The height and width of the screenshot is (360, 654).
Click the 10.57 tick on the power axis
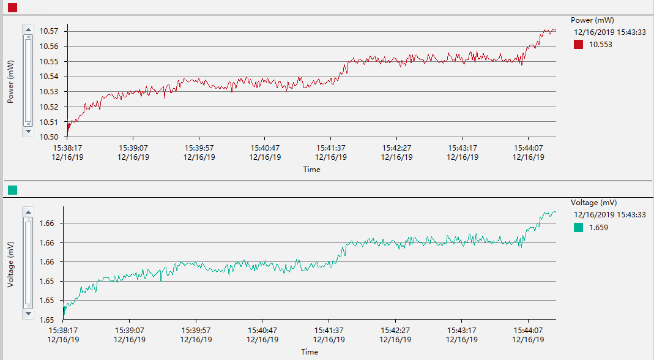tap(49, 31)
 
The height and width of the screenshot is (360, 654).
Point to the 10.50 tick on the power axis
tap(49, 137)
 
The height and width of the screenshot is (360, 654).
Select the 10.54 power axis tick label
tap(49, 77)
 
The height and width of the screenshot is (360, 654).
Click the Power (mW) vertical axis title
tap(10, 81)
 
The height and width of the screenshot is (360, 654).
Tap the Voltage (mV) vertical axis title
tap(10, 264)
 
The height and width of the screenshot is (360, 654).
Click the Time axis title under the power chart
tap(311, 170)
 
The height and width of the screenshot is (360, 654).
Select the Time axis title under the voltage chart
tap(310, 352)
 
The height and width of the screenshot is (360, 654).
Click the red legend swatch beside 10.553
tap(578, 45)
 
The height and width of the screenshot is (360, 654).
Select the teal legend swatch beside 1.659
tap(578, 228)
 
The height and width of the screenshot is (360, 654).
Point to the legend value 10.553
tap(600, 45)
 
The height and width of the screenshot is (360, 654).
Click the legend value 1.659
tap(598, 228)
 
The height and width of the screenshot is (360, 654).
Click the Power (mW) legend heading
tap(591, 20)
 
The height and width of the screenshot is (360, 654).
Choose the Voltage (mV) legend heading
tap(593, 203)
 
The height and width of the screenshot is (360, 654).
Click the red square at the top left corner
tap(12, 7)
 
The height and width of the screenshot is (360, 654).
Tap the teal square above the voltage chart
tap(12, 190)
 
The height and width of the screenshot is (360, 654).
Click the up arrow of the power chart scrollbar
tap(28, 29)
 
